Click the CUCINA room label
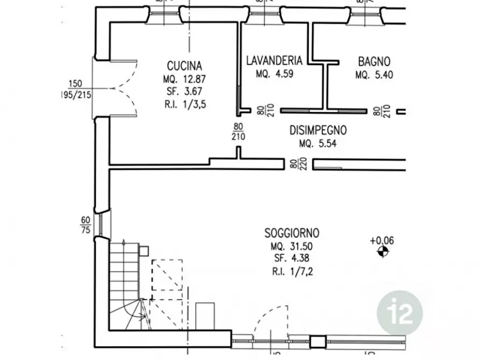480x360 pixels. [x=184, y=66]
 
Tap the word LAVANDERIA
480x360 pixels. [x=274, y=60]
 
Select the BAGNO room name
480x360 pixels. [x=374, y=62]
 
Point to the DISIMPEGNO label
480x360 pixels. [x=318, y=131]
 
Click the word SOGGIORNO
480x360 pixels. [x=292, y=233]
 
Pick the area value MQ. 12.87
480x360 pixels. [x=184, y=80]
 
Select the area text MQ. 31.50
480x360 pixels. [x=291, y=247]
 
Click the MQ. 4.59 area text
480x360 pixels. [x=275, y=74]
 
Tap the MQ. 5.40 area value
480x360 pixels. [x=374, y=75]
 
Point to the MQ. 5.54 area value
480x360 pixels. [x=318, y=143]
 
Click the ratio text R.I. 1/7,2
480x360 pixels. [x=292, y=271]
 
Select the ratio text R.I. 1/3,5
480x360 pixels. [x=185, y=104]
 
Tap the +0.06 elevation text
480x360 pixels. [x=382, y=241]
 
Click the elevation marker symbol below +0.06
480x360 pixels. [x=383, y=252]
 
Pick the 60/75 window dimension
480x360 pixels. [x=85, y=225]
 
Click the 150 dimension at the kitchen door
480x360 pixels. [x=75, y=84]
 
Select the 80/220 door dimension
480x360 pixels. [x=294, y=164]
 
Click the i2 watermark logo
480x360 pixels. [x=400, y=313]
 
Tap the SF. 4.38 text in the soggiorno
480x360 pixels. [x=292, y=258]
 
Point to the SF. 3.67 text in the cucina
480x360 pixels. [x=184, y=91]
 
